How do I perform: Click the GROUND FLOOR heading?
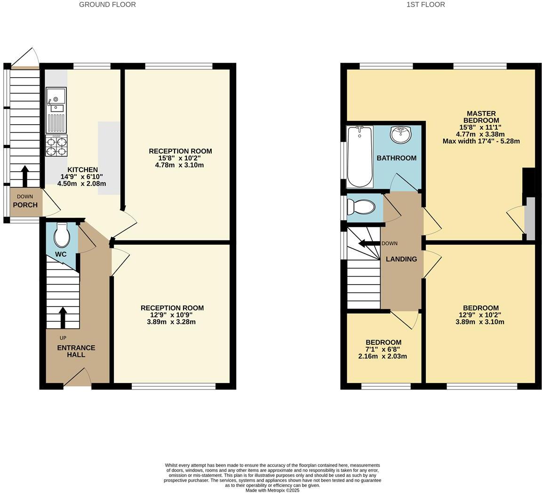click(x=107, y=5)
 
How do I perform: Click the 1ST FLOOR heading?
click(x=425, y=5)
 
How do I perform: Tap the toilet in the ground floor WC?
click(x=62, y=235)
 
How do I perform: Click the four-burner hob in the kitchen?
click(x=56, y=146)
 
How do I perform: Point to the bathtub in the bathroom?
click(x=360, y=157)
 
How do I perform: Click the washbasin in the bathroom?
click(x=400, y=135)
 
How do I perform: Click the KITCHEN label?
click(x=82, y=170)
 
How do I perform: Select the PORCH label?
click(x=25, y=205)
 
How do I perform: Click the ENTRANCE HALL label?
click(x=76, y=351)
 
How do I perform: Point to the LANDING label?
click(x=401, y=259)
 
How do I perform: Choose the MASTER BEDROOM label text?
click(x=481, y=117)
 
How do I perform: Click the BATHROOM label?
click(x=397, y=158)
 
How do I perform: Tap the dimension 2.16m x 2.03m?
click(x=383, y=357)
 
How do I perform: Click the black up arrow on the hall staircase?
click(x=63, y=318)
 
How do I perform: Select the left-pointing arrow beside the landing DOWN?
click(x=369, y=244)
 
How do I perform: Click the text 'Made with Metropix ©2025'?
click(x=272, y=490)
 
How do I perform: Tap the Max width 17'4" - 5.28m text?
click(x=481, y=141)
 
